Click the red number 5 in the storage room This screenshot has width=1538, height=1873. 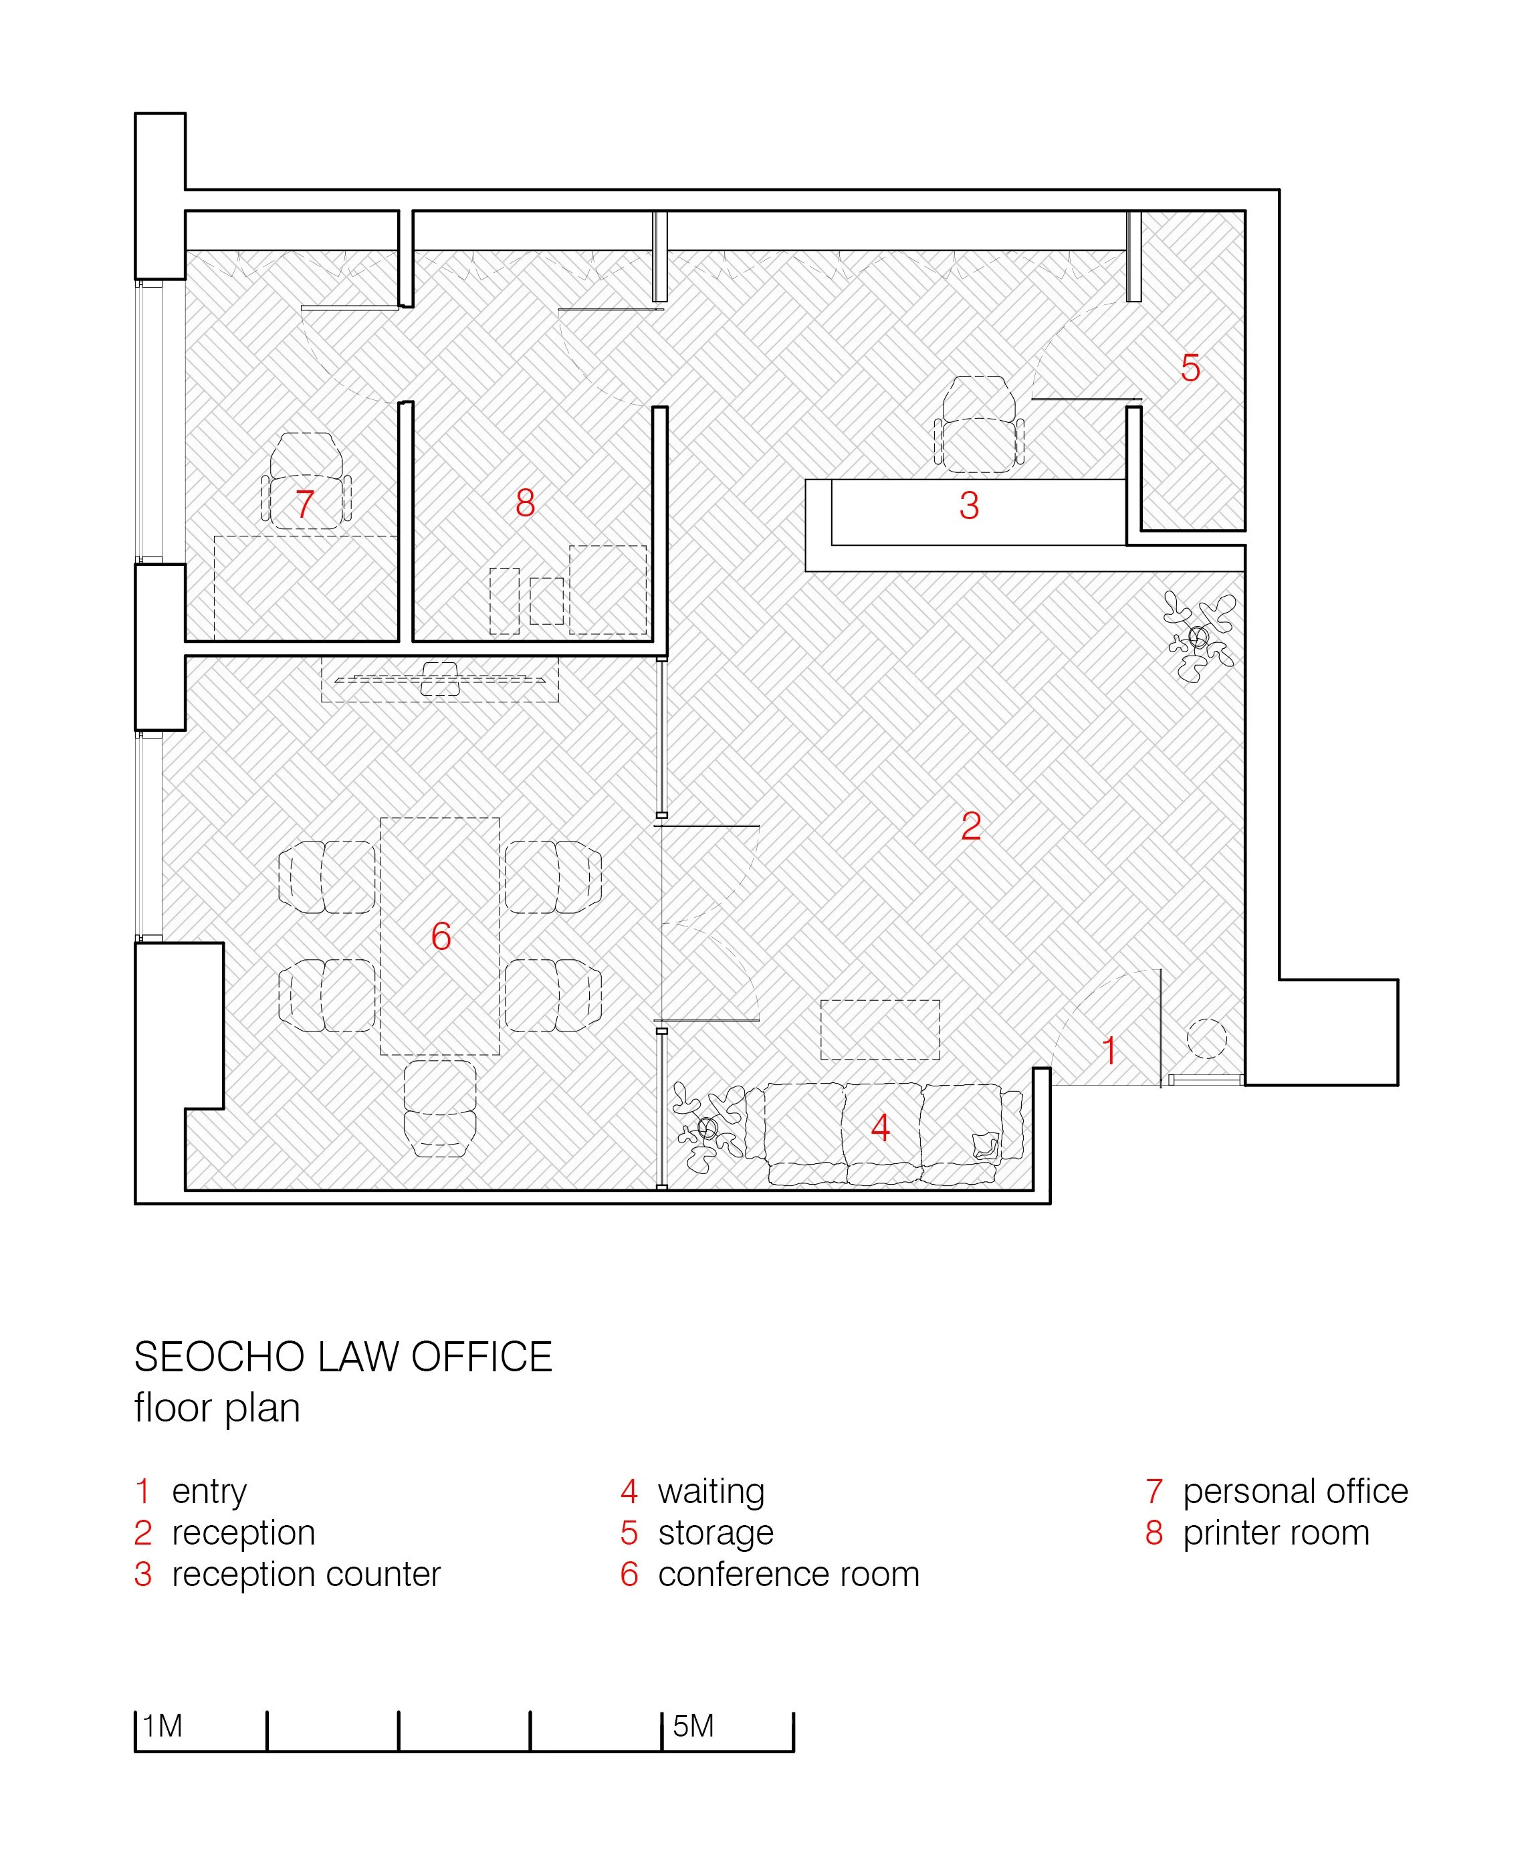click(1190, 368)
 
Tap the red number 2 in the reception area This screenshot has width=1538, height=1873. click(971, 827)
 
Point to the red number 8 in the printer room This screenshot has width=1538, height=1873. click(526, 503)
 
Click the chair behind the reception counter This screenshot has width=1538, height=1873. click(979, 423)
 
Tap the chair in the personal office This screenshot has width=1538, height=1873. click(306, 481)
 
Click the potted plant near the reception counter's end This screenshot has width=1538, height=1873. click(1199, 636)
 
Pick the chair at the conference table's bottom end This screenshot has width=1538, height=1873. click(439, 1108)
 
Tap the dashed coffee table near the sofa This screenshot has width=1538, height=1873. click(880, 1029)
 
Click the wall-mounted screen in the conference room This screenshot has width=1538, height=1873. click(440, 680)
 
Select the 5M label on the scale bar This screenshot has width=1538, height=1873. click(693, 1726)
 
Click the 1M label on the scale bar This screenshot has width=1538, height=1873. click(163, 1726)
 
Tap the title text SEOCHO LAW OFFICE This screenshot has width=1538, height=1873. click(344, 1357)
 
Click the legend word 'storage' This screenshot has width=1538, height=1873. click(716, 1532)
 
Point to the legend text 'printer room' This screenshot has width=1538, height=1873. click(1276, 1532)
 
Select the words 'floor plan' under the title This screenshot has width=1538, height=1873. click(217, 1408)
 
